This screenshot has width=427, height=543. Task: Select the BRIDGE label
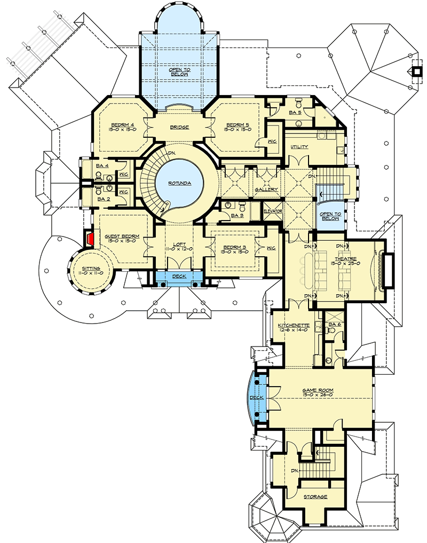(x=180, y=127)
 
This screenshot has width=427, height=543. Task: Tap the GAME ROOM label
(x=318, y=390)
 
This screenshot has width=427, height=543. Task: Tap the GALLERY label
(x=264, y=190)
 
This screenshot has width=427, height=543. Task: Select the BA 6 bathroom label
(x=335, y=325)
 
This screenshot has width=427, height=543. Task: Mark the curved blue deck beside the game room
(x=256, y=398)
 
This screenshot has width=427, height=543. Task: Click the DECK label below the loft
(x=179, y=277)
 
